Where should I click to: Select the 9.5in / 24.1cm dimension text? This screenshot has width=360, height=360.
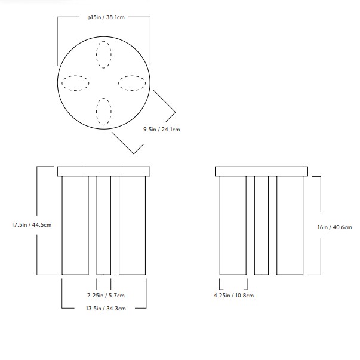(x=161, y=128)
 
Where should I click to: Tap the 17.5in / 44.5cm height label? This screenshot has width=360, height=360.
(x=32, y=225)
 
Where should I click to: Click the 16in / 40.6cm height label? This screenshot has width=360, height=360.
(x=335, y=227)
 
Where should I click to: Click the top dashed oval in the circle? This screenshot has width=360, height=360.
(x=104, y=54)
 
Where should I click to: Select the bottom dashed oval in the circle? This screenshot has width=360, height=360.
(x=104, y=111)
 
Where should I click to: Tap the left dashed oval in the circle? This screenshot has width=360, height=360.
(x=75, y=83)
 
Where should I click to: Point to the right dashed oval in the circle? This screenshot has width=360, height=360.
(x=132, y=83)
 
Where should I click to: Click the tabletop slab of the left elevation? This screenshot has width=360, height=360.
(x=104, y=171)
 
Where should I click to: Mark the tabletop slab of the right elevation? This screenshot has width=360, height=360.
(x=261, y=171)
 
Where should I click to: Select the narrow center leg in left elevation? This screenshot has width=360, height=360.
(x=104, y=225)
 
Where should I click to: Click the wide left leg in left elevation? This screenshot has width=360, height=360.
(x=75, y=225)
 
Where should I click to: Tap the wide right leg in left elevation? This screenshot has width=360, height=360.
(x=133, y=225)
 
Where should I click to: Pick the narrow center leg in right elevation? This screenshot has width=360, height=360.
(x=261, y=225)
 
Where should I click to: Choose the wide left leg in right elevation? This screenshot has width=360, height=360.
(x=233, y=225)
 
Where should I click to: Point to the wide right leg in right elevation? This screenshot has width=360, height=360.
(x=290, y=225)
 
